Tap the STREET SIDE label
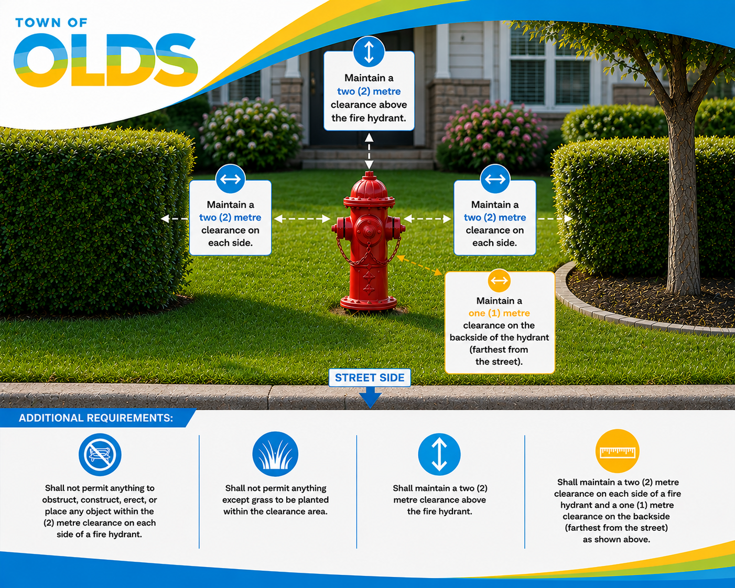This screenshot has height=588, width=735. click(x=370, y=378)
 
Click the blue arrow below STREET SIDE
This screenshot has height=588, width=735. click(x=370, y=397)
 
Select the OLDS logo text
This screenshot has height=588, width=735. click(x=105, y=60)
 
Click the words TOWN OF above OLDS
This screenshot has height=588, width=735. click(x=51, y=23)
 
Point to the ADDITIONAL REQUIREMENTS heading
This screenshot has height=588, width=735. click(x=96, y=418)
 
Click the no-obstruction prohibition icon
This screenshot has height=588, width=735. click(x=100, y=454)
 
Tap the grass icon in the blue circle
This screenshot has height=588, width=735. click(x=275, y=454)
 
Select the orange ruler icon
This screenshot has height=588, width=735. click(x=617, y=451)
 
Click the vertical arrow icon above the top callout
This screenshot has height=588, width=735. click(x=369, y=51)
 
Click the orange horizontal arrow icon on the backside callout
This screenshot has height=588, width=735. click(x=499, y=281)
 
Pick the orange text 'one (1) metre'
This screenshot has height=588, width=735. click(x=499, y=313)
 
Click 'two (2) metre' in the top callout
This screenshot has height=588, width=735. click(x=369, y=92)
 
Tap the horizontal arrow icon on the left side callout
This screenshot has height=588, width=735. click(x=230, y=179)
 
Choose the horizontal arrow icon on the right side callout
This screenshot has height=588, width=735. click(x=495, y=179)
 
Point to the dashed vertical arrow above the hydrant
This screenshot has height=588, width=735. click(x=369, y=151)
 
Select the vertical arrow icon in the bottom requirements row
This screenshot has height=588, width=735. click(x=439, y=454)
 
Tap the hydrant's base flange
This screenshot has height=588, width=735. click(x=369, y=303)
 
